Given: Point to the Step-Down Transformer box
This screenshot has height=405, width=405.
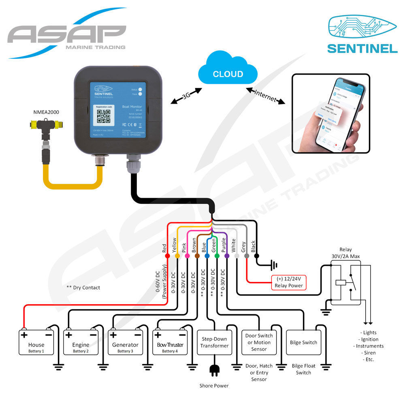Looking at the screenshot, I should pyautogui.click(x=215, y=342).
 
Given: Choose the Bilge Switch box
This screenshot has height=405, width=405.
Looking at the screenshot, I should pyautogui.click(x=304, y=342).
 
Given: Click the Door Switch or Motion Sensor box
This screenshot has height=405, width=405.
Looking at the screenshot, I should pyautogui.click(x=259, y=342).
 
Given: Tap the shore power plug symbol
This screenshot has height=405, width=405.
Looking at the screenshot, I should pyautogui.click(x=214, y=369).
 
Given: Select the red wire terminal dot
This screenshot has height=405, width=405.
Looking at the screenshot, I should pyautogui.click(x=167, y=256).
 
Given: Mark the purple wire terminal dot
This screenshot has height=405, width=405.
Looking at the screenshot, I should pyautogui.click(x=227, y=256).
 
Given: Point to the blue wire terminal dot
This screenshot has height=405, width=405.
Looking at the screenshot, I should pyautogui.click(x=207, y=256).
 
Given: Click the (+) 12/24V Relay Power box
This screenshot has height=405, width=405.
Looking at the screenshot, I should pyautogui.click(x=288, y=282).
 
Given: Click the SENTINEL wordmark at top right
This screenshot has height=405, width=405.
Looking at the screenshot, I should pyautogui.click(x=362, y=48).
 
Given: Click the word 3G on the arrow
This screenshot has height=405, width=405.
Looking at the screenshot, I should pyautogui.click(x=187, y=96).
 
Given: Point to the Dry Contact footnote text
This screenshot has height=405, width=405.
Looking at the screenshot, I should pyautogui.click(x=83, y=288).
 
